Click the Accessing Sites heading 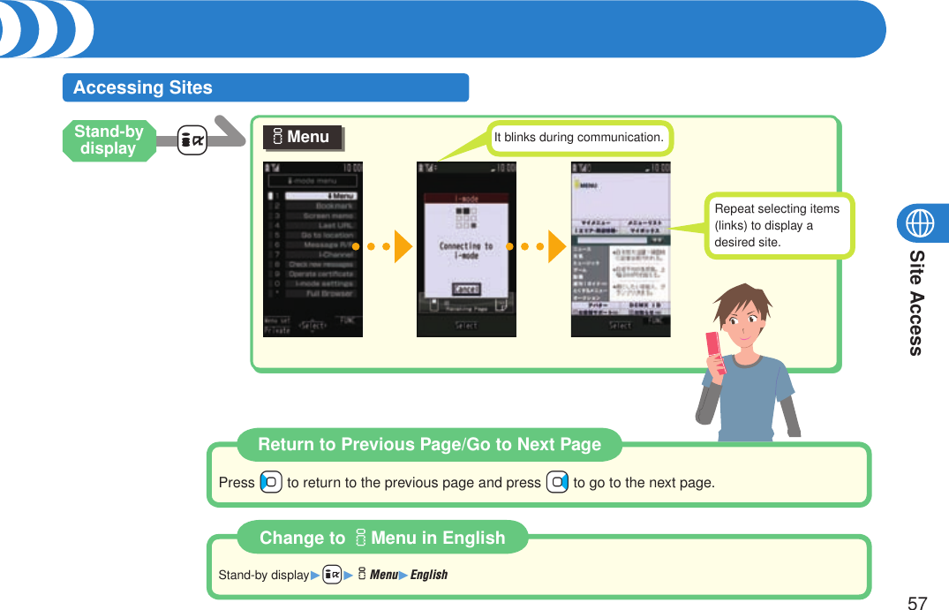tap(143, 87)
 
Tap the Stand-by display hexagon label tap(109, 140)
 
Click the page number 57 tap(917, 603)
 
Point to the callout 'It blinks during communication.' tap(579, 138)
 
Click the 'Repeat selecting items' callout tap(779, 225)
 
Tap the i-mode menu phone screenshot tap(313, 249)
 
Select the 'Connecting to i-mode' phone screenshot tap(466, 249)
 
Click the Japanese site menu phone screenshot tap(621, 249)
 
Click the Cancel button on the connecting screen tap(466, 290)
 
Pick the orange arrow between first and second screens tap(403, 246)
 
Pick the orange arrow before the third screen tap(556, 246)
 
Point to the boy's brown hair tap(742, 300)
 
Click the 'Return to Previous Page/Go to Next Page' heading tap(429, 445)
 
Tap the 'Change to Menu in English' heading tap(382, 538)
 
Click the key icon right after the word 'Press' tap(271, 483)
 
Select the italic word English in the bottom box tap(429, 575)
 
